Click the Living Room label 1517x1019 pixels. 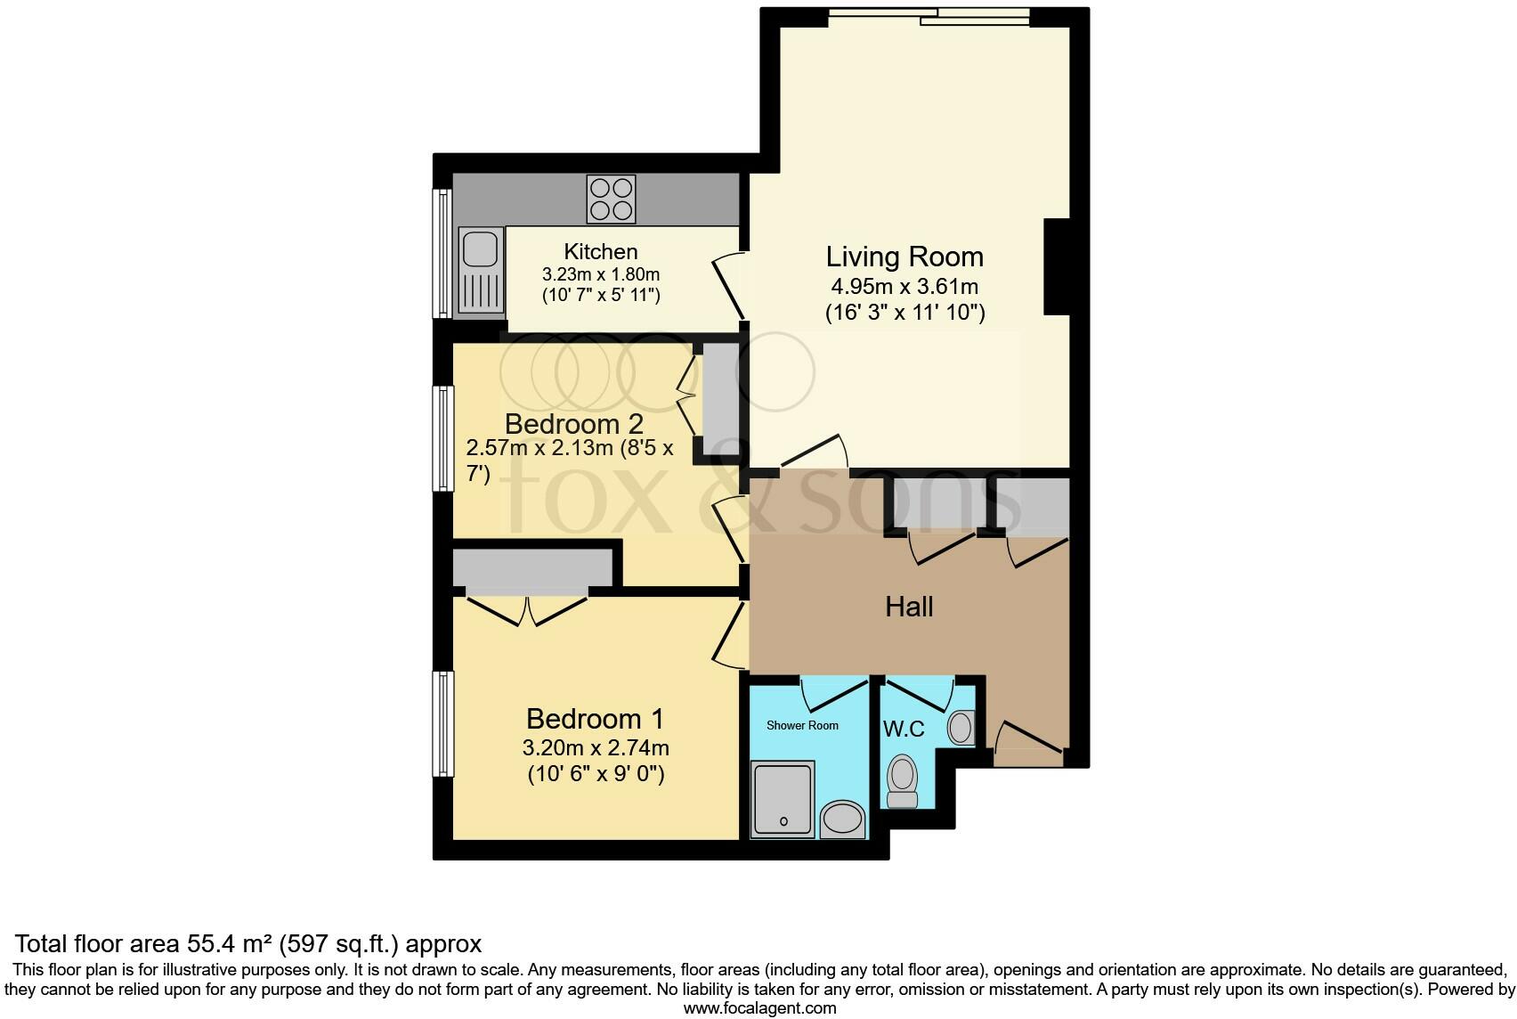tap(905, 257)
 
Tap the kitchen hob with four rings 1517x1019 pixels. tap(611, 199)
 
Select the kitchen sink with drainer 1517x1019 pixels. tap(481, 271)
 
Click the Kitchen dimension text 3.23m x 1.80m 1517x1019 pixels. tap(601, 274)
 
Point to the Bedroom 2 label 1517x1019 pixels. tap(573, 423)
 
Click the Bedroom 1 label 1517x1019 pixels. tap(595, 719)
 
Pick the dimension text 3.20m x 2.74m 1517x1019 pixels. tap(596, 747)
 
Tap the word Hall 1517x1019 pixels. tap(909, 607)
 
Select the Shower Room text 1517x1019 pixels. tap(802, 725)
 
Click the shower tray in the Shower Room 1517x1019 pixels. tap(783, 798)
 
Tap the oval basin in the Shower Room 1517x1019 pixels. tap(842, 818)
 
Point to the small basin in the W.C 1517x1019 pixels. tap(961, 728)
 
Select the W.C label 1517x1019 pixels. tap(904, 730)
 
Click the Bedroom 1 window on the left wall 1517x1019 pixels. tap(442, 723)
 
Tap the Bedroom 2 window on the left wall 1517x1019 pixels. tap(442, 437)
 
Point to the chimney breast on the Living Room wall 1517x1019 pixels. tap(1056, 266)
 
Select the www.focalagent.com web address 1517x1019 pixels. tap(758, 1008)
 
